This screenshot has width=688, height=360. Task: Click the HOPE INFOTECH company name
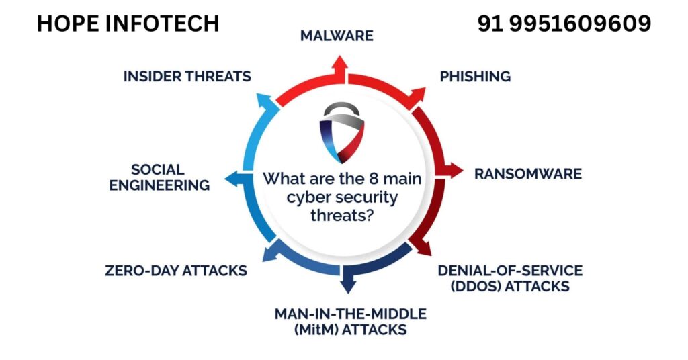128,24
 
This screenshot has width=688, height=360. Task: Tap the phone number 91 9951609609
564,24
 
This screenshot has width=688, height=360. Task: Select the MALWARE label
337,36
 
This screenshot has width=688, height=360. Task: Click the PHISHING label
475,76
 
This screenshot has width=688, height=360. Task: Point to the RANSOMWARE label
527,173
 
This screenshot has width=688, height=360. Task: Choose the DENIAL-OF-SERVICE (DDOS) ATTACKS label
510,278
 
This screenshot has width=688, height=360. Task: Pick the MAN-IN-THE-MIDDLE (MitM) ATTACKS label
350,322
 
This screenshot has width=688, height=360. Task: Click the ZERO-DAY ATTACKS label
176,271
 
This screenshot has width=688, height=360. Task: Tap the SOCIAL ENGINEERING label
159,177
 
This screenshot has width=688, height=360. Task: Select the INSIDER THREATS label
187,76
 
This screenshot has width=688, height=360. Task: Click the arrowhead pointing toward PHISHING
418,93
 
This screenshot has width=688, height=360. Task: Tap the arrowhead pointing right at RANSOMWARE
455,171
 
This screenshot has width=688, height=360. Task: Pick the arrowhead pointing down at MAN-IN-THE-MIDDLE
347,285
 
